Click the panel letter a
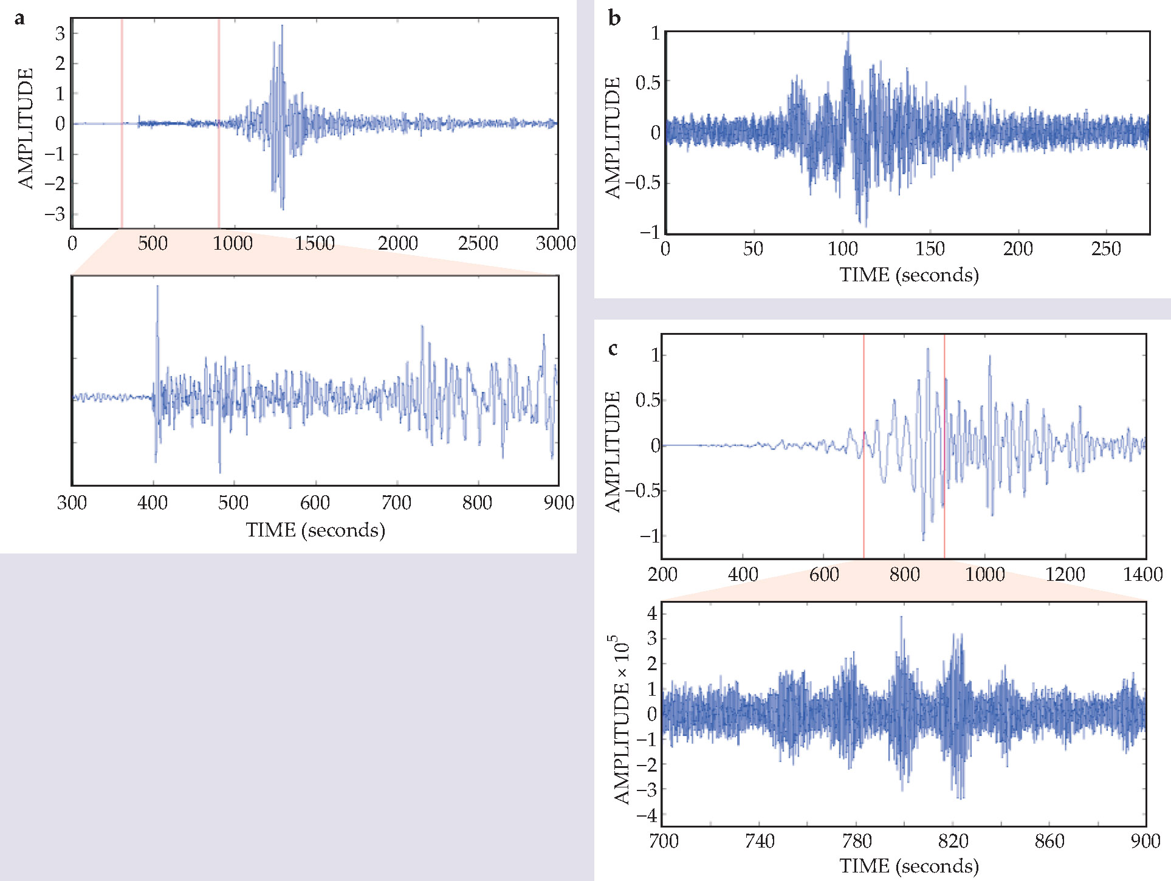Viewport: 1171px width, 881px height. [x=20, y=18]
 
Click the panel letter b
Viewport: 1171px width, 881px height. [x=614, y=18]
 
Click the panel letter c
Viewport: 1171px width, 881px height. [x=613, y=349]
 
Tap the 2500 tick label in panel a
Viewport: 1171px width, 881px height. [x=478, y=244]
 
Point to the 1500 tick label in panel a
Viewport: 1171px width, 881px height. [x=315, y=244]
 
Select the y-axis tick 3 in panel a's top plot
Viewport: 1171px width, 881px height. [x=60, y=33]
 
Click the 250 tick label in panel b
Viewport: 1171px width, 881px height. [x=1105, y=249]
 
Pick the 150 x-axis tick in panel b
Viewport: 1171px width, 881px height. [x=930, y=249]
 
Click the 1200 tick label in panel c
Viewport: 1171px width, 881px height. [x=1065, y=574]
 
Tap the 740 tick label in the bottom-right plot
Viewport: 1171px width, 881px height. [x=760, y=841]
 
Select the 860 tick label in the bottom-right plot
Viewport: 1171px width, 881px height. [x=1049, y=841]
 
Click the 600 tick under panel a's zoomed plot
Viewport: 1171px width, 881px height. [x=315, y=502]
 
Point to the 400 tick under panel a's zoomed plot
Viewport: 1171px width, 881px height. [x=153, y=502]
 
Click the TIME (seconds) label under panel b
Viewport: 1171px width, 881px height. [x=909, y=275]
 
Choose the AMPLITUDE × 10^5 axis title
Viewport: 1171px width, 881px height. [x=621, y=720]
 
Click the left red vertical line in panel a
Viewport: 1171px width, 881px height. [x=122, y=122]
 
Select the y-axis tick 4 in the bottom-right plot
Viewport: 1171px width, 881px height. [x=652, y=612]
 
